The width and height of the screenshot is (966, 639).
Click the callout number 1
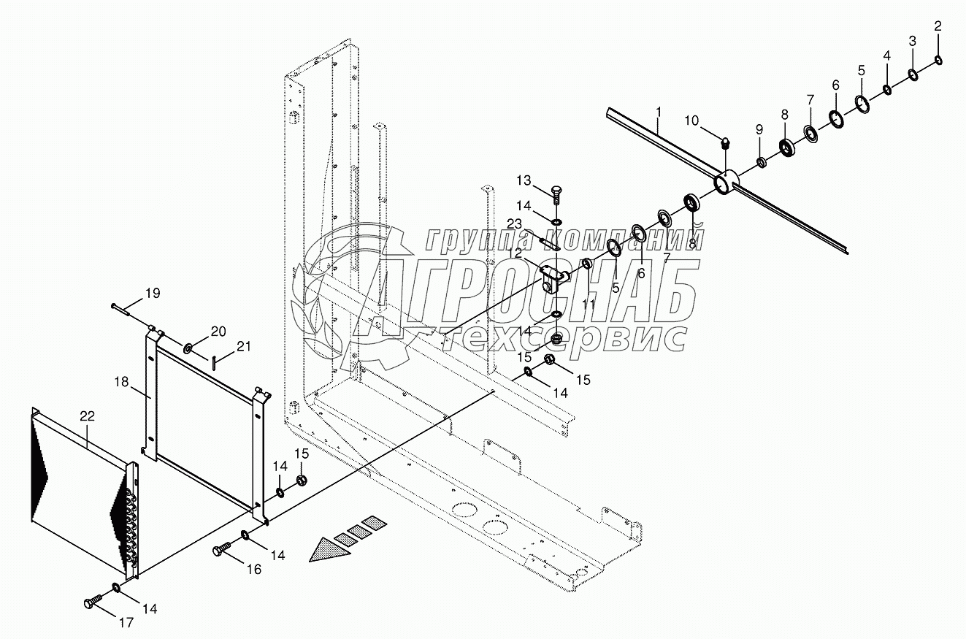click(659, 112)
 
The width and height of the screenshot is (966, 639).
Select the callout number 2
click(938, 26)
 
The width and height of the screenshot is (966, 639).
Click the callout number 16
click(253, 570)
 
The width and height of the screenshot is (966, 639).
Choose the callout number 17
click(126, 623)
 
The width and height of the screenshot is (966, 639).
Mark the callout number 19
click(152, 294)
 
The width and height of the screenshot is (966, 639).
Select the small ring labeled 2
click(938, 61)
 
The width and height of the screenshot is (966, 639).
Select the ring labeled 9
click(760, 162)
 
